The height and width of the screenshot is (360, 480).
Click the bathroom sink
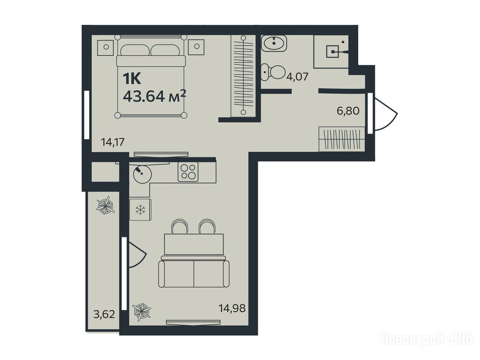pyautogui.click(x=274, y=43)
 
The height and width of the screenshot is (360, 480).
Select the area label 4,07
pyautogui.click(x=297, y=76)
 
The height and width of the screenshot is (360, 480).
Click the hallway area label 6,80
pyautogui.click(x=348, y=111)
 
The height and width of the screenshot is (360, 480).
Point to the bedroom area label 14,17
pyautogui.click(x=112, y=142)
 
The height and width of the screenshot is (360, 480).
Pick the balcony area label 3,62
pyautogui.click(x=104, y=314)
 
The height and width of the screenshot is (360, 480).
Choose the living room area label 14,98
pyautogui.click(x=232, y=308)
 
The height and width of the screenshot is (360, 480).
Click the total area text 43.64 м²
pyautogui.click(x=154, y=97)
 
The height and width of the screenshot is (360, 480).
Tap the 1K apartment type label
pyautogui.click(x=132, y=79)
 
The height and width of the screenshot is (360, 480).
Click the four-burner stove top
pyautogui.click(x=188, y=172)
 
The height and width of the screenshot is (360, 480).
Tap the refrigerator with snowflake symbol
pyautogui.click(x=141, y=210)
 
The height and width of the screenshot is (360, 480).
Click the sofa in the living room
pyautogui.click(x=194, y=272)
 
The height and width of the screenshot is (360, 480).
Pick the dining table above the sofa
pyautogui.click(x=194, y=244)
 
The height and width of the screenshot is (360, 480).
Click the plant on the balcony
pyautogui.click(x=105, y=206)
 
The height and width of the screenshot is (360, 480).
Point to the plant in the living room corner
pyautogui.click(x=142, y=312)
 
